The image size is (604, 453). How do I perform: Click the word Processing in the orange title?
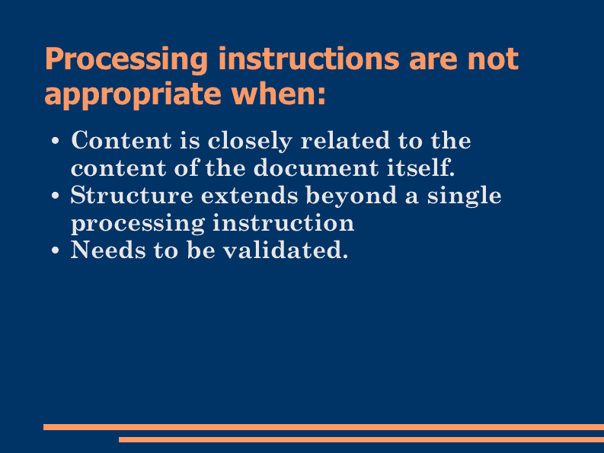coord(126,59)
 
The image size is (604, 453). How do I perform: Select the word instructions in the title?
coord(309,59)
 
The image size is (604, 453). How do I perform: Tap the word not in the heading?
coord(493,59)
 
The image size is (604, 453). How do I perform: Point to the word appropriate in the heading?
coord(133,94)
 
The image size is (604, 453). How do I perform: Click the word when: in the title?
coord(278,93)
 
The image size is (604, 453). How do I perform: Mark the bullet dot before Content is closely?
coord(56,141)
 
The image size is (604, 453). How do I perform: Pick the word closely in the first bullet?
coord(250,141)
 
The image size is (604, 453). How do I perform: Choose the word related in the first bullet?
coord(345,140)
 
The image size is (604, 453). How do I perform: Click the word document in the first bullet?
coord(316,167)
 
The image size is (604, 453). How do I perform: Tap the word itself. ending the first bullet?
coord(420,167)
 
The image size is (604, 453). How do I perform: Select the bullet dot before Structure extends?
coord(56,196)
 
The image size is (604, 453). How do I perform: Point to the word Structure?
coord(132,195)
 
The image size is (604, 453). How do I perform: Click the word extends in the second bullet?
coord(250,195)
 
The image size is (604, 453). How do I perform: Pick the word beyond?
coord(351,196)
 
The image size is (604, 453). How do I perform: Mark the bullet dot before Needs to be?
coord(56,250)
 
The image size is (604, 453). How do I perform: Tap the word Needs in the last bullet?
coord(108,250)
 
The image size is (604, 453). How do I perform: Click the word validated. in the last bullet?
coord(286,250)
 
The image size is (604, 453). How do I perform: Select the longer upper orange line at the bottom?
coord(324,427)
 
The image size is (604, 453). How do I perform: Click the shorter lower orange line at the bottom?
coord(361,439)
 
